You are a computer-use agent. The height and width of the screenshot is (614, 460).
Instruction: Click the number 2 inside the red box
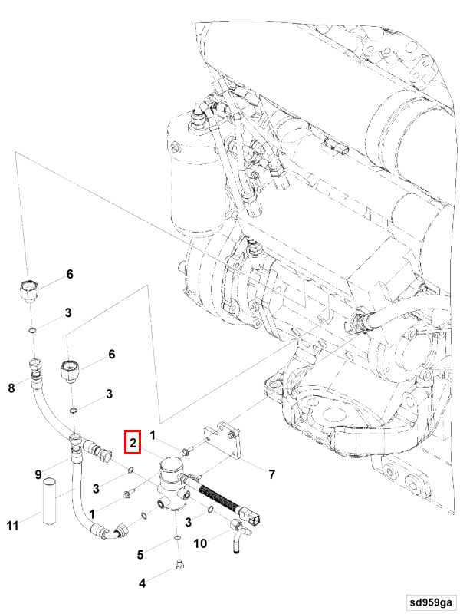[133, 442]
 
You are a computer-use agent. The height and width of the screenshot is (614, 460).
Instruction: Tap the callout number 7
[271, 474]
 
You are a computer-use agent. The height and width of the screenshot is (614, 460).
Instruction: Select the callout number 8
[11, 388]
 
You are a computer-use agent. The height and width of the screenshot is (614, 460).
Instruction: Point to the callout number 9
[38, 475]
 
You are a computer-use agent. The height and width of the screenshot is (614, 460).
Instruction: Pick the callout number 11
[12, 526]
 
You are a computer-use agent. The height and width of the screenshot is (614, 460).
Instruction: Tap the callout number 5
[140, 554]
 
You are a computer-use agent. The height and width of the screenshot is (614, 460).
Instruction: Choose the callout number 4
[141, 583]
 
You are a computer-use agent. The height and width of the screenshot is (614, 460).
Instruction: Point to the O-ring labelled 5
[178, 539]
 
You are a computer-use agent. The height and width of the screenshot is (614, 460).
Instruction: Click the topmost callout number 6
[69, 274]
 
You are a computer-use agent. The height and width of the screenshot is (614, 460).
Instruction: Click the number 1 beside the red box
[153, 436]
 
